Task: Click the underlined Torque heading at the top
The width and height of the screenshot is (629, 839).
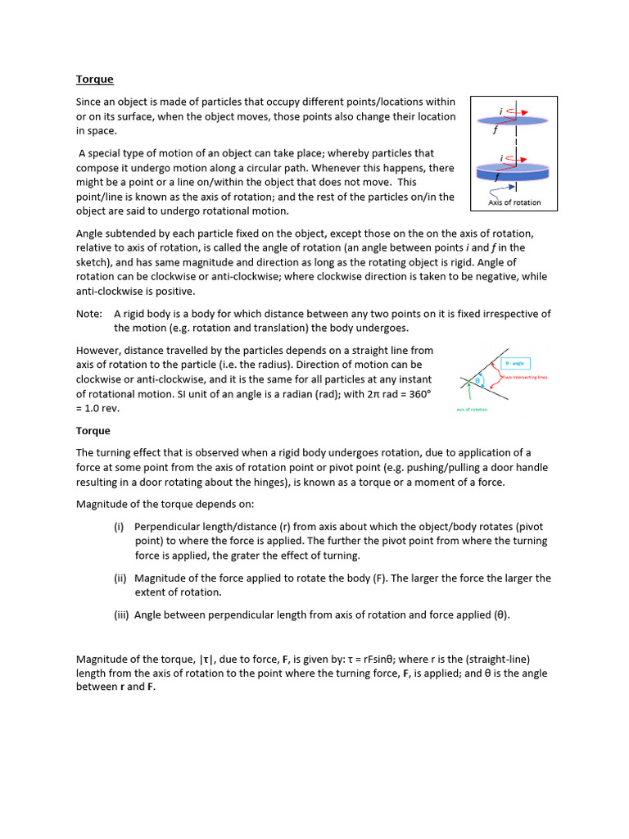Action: (x=94, y=79)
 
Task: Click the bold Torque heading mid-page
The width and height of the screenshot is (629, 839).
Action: (x=93, y=430)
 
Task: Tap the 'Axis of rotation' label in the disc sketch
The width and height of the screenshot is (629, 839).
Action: (x=514, y=202)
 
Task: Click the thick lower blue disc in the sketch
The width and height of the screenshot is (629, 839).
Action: (x=513, y=173)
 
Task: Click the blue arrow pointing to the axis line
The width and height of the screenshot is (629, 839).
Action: (x=500, y=188)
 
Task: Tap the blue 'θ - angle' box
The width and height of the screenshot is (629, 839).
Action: (x=519, y=362)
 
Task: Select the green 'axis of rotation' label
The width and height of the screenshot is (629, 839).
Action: (x=471, y=410)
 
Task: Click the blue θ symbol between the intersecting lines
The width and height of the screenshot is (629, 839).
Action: (x=479, y=379)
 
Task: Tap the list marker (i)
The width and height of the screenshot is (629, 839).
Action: (x=119, y=526)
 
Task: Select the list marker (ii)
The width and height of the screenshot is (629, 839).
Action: (x=120, y=578)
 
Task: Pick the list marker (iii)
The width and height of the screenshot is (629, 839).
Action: (x=121, y=615)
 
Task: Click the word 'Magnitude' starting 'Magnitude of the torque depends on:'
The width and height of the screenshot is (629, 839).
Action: (x=102, y=504)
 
